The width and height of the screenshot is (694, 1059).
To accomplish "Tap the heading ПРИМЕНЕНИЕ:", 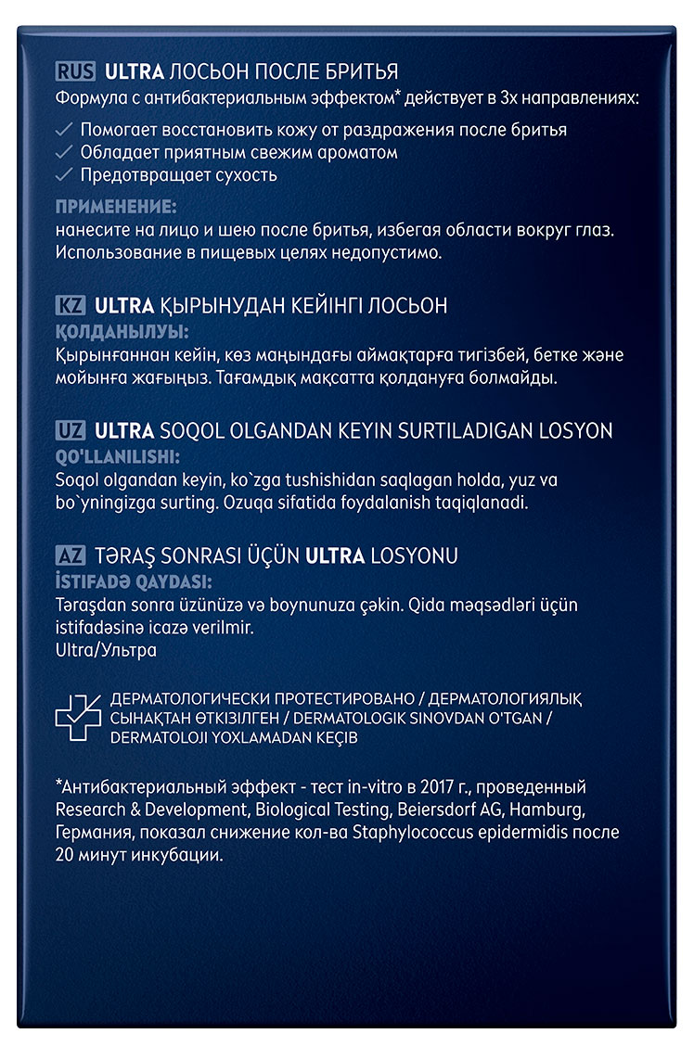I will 115,206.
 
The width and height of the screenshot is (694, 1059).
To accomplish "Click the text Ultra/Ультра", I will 106,650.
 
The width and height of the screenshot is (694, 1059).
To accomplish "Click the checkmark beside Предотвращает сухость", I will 64,174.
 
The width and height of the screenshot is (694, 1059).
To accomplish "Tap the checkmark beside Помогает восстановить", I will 64,130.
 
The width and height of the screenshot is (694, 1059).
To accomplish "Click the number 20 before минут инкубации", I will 67,855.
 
